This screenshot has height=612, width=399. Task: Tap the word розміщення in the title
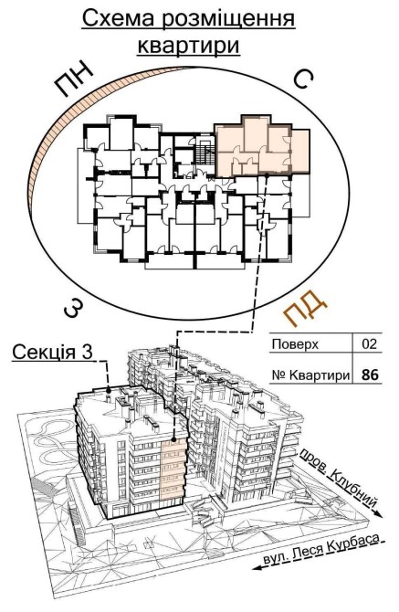228,20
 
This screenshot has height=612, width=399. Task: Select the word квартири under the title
189,46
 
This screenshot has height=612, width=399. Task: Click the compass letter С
302,79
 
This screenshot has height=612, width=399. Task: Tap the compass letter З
74,309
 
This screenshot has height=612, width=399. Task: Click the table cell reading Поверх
295,344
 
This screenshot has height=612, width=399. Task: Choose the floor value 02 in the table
370,344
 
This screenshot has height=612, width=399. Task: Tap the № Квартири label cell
310,375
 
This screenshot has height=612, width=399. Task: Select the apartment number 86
370,375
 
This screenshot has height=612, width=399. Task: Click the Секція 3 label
53,352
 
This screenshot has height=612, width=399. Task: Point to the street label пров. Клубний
338,475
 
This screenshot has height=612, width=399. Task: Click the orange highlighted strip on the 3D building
172,470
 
